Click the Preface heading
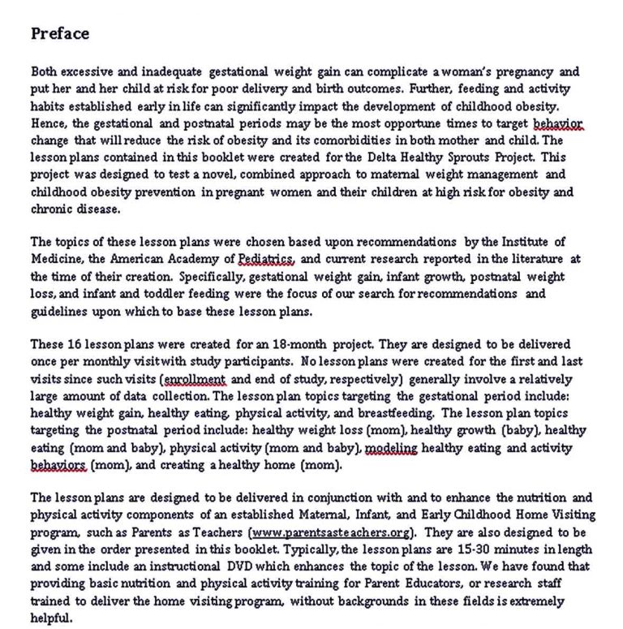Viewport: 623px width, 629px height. (59, 33)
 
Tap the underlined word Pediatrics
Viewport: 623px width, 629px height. (270, 260)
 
